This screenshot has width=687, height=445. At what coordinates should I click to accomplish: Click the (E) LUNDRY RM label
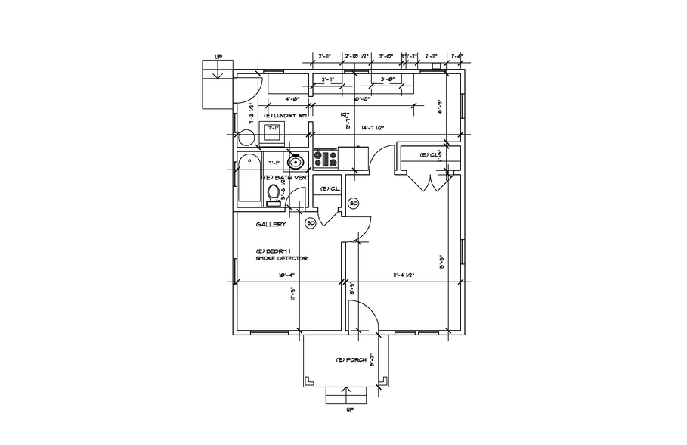pyautogui.click(x=284, y=116)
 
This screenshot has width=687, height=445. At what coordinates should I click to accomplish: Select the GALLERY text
pyautogui.click(x=270, y=224)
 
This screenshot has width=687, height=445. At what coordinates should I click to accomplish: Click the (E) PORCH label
pyautogui.click(x=351, y=360)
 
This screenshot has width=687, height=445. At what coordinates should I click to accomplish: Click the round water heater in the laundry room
pyautogui.click(x=246, y=138)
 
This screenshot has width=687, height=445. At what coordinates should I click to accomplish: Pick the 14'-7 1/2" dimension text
pyautogui.click(x=373, y=129)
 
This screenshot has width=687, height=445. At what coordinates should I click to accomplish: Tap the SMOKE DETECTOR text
pyautogui.click(x=281, y=259)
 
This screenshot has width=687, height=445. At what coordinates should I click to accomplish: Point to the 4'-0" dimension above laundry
pyautogui.click(x=293, y=98)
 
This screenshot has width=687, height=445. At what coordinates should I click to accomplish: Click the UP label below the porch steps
pyautogui.click(x=350, y=412)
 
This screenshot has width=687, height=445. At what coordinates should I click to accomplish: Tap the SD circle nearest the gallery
pyautogui.click(x=310, y=223)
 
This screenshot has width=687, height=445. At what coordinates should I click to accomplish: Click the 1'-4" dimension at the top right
pyautogui.click(x=456, y=56)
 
